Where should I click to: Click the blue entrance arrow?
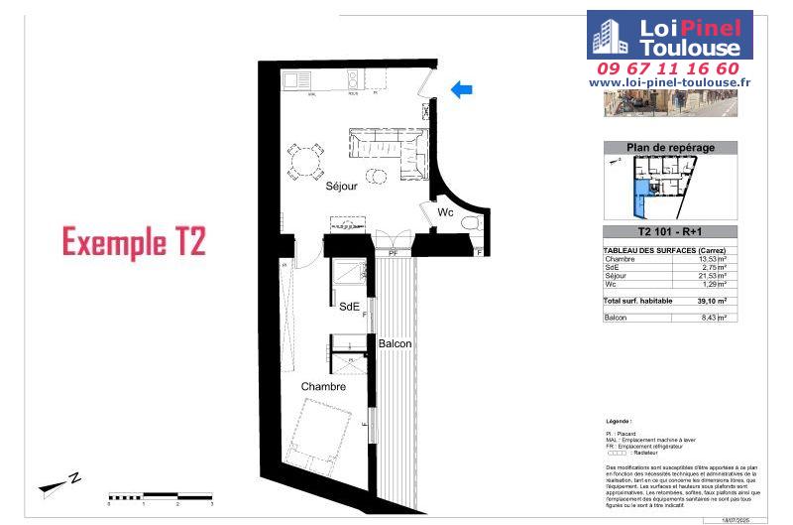click(x=461, y=90)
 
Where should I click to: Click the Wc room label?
click(x=446, y=212)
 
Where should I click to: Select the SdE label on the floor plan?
click(x=349, y=306)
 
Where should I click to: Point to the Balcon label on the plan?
click(x=395, y=343)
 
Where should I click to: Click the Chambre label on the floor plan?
click(x=325, y=386)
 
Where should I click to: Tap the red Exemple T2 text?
click(x=134, y=242)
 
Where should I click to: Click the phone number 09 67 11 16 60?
click(x=669, y=68)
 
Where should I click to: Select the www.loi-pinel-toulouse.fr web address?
click(x=669, y=83)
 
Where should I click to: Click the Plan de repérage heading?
click(x=670, y=147)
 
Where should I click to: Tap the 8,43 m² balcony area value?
click(x=714, y=318)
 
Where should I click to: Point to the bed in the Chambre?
click(x=319, y=436)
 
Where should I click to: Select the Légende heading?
click(x=623, y=421)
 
